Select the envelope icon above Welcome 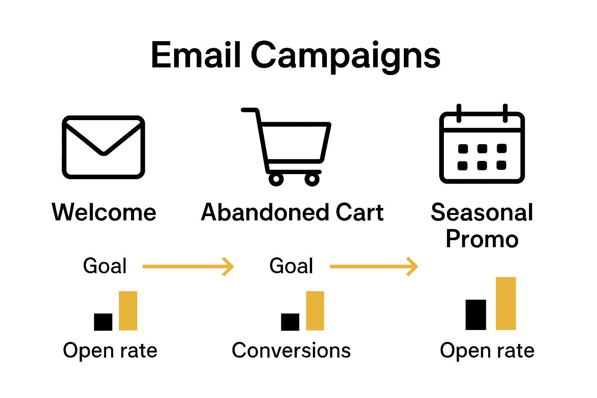[103, 147]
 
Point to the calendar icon [482, 146]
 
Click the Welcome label [104, 212]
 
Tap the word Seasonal [482, 212]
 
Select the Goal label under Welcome [105, 266]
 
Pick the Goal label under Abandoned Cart [292, 266]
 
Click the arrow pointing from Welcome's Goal [188, 266]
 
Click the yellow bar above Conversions [315, 311]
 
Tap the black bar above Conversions [290, 322]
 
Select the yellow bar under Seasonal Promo [506, 304]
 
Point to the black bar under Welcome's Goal [103, 322]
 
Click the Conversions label [291, 351]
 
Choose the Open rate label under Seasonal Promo [487, 351]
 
